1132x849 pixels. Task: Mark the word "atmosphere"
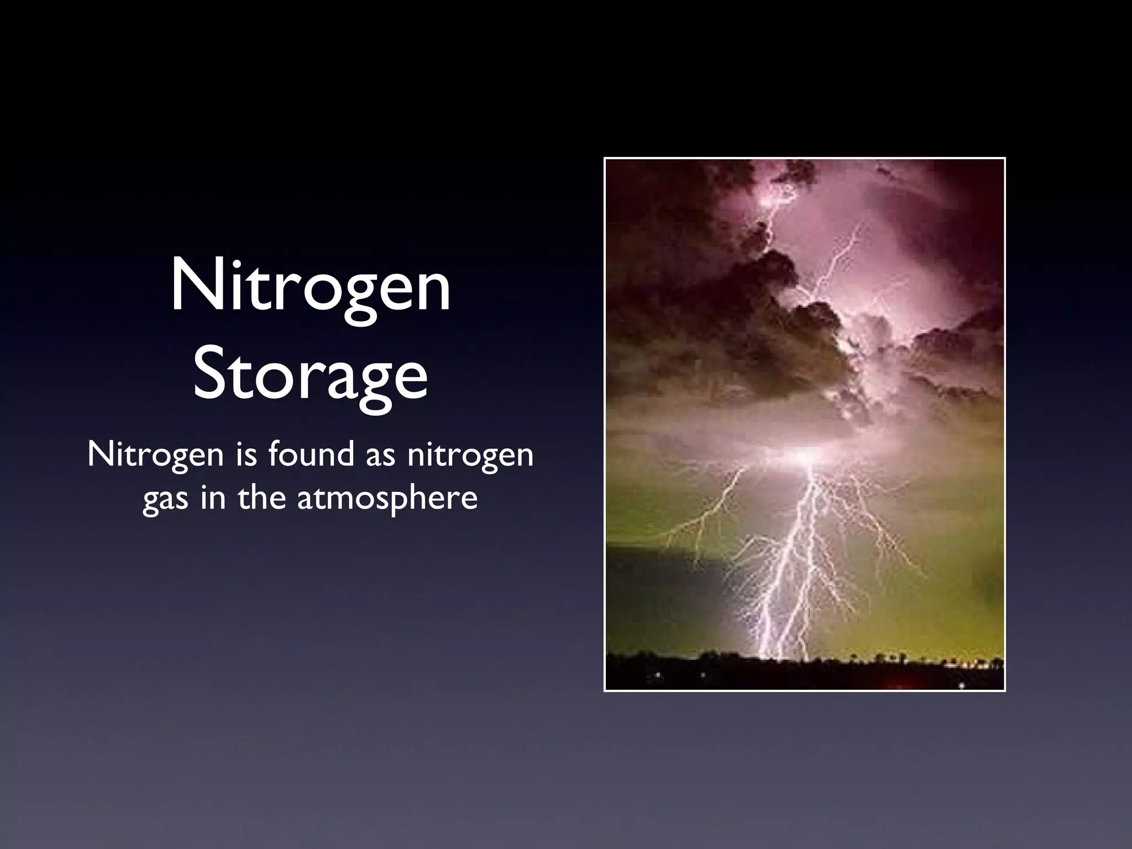[x=387, y=499]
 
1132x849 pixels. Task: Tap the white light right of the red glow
[x=962, y=685]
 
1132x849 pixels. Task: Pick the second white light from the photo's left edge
[x=703, y=675]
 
